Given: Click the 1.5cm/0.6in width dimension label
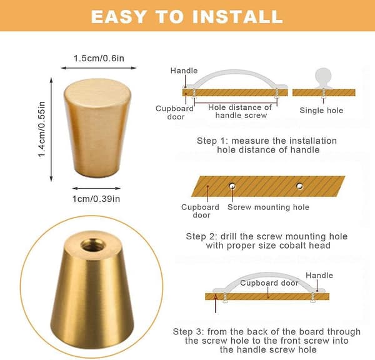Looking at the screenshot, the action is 99,58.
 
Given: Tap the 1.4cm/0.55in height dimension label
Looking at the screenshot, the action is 42,129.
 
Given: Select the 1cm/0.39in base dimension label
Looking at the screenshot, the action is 96,199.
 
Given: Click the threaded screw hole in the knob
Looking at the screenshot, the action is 92,245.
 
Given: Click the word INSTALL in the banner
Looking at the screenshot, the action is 237,16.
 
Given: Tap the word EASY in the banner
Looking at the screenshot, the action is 118,17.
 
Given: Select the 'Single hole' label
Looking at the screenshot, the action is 321,110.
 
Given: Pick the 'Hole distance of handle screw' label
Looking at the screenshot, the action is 241,111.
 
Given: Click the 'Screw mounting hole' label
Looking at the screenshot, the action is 268,207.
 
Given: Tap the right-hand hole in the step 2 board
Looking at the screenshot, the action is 299,186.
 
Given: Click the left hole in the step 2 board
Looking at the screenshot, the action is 232,186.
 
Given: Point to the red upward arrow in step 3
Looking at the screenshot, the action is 216,304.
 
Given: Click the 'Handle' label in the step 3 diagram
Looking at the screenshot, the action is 319,276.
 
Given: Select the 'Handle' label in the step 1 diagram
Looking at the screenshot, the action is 184,71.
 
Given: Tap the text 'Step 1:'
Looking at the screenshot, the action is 211,141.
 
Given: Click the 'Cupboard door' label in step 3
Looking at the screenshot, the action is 269,283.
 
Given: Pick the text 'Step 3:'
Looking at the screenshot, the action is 188,331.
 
